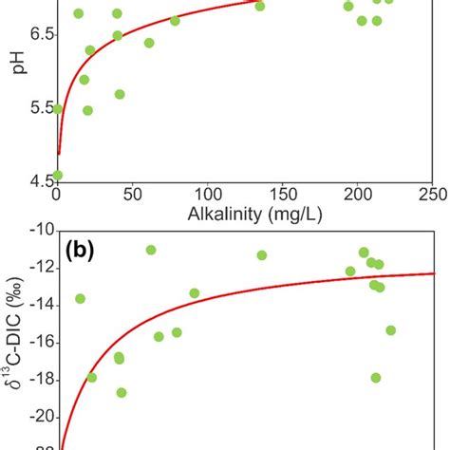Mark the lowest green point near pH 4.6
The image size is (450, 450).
click(58, 175)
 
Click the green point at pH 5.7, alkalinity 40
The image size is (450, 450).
click(120, 94)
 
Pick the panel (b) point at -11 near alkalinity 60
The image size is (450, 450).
click(151, 250)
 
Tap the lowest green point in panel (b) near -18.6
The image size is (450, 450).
click(122, 392)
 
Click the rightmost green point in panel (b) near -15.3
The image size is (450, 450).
click(390, 330)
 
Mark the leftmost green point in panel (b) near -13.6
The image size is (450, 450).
click(80, 298)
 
